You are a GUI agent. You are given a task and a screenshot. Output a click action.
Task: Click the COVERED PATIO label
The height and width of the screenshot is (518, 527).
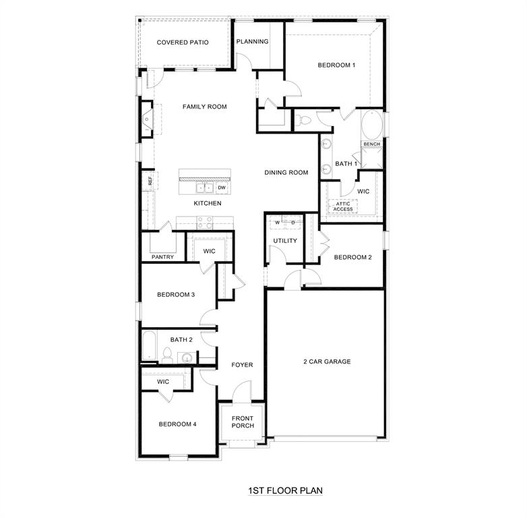[x=183, y=42]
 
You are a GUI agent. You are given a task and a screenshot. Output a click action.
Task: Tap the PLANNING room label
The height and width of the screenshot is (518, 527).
[x=252, y=42]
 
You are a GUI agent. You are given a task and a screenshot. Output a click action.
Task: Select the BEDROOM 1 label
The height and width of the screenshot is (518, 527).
[x=336, y=65]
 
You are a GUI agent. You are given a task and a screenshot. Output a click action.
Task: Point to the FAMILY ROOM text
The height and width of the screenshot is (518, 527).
[x=204, y=107]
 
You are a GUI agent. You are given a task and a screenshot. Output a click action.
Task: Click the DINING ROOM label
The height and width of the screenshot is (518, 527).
[x=286, y=173]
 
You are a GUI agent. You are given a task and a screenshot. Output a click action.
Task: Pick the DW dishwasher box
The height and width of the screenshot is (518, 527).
[x=221, y=188]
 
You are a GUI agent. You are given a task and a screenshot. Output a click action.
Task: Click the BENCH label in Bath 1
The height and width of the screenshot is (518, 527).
[x=371, y=144]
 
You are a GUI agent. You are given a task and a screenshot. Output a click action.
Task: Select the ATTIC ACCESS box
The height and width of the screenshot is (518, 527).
[x=343, y=206]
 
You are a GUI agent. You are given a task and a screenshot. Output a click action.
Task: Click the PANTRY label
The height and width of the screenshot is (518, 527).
[x=162, y=257]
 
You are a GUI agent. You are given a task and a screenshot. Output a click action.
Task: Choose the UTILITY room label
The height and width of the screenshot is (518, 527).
[x=285, y=241]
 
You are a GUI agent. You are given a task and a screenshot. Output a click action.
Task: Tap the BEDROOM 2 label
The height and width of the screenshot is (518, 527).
[x=352, y=257]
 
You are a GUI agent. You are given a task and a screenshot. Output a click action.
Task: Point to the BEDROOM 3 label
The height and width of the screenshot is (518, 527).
[x=176, y=294]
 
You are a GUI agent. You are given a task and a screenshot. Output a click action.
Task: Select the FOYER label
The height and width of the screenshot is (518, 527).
[x=242, y=365]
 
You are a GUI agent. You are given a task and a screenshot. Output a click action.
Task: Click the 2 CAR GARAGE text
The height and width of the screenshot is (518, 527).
[x=326, y=362]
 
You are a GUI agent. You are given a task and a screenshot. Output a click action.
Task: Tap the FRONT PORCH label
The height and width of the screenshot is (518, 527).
[x=243, y=422]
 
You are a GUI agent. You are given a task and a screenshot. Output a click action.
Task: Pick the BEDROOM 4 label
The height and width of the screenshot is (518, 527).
[x=177, y=424]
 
